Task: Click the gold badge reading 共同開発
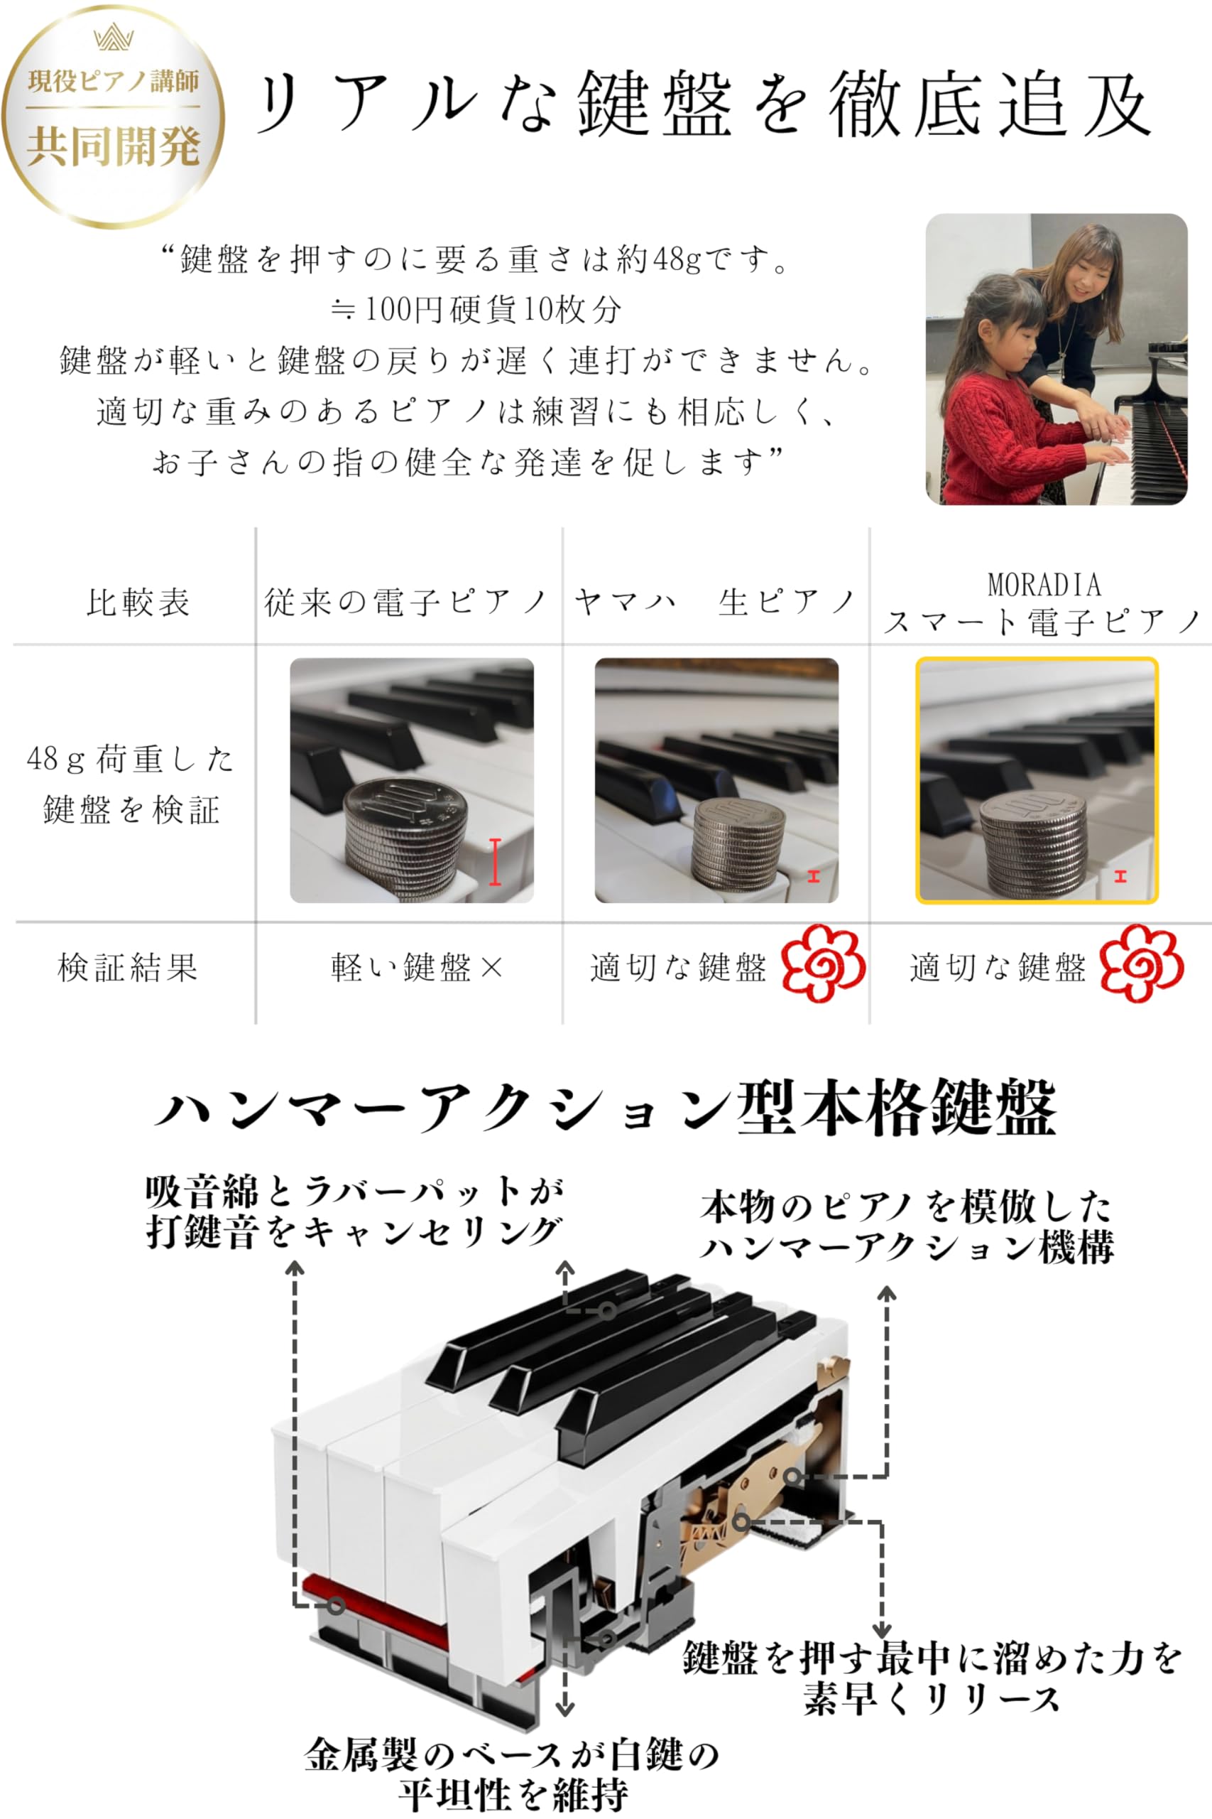(x=113, y=116)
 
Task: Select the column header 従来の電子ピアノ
(x=407, y=603)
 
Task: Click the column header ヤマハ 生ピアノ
(x=714, y=603)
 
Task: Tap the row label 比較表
(x=138, y=603)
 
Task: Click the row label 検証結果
(x=129, y=967)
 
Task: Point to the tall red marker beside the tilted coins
(x=496, y=862)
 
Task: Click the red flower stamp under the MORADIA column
(x=1141, y=964)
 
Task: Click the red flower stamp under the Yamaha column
(x=822, y=964)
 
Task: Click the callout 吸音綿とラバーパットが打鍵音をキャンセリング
(x=354, y=1211)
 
